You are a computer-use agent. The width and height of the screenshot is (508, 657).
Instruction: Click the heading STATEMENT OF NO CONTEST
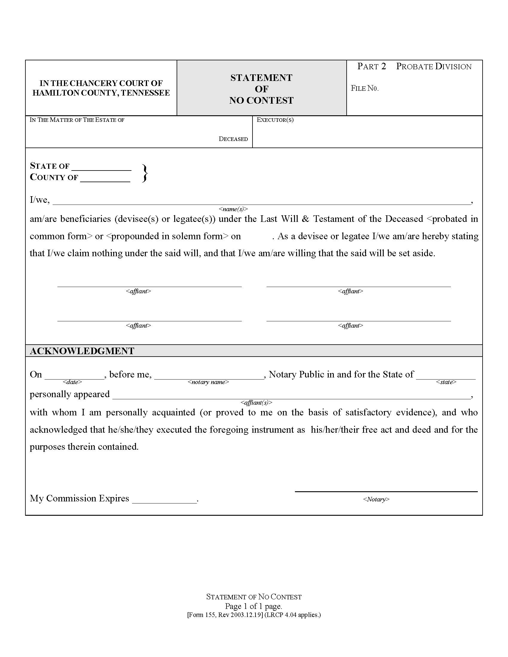click(261, 89)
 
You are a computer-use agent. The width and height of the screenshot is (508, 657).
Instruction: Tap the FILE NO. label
click(365, 88)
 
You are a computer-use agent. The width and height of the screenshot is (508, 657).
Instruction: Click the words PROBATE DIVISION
click(434, 67)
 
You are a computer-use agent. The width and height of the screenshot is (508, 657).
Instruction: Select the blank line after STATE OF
click(101, 168)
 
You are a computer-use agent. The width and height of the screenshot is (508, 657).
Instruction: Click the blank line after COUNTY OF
click(105, 179)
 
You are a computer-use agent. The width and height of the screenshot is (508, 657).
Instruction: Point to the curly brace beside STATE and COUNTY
click(145, 173)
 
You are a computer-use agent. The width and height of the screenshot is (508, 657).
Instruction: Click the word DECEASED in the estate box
click(233, 139)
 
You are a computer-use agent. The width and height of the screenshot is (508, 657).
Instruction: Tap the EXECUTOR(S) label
click(275, 120)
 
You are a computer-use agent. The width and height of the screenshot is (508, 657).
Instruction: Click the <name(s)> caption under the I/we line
click(233, 209)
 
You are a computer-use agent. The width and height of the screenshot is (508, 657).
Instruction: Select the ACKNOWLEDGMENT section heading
click(82, 351)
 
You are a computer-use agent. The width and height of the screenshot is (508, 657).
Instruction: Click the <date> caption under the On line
click(72, 382)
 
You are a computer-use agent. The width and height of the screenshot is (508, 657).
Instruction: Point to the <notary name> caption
click(208, 382)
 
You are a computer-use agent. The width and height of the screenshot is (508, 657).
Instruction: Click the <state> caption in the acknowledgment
click(446, 382)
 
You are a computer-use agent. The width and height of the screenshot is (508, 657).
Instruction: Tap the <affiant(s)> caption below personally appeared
click(256, 403)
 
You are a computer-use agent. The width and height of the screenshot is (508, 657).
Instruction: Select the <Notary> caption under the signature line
click(376, 499)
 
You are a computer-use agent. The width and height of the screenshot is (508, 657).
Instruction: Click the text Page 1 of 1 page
click(254, 606)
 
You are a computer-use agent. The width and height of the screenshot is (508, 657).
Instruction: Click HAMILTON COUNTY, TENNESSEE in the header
click(101, 93)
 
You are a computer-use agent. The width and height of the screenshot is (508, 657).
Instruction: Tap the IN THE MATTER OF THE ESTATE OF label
click(77, 120)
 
